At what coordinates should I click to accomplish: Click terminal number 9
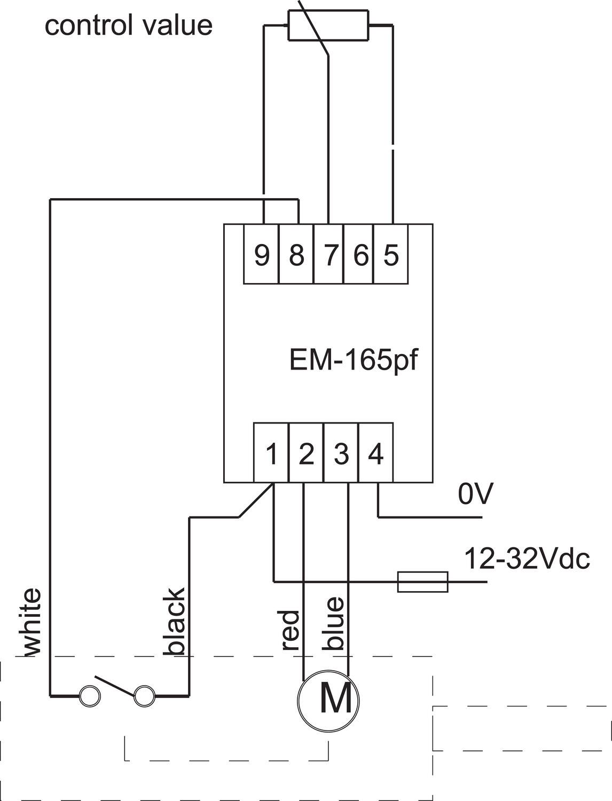coord(262,255)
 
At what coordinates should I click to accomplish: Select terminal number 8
coord(296,255)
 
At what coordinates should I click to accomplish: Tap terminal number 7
coord(330,255)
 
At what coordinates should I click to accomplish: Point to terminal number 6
coord(360,255)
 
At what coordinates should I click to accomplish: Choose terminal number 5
coord(391,255)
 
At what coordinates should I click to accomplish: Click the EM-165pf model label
coord(352,360)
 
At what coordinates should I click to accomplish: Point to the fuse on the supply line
coord(422,582)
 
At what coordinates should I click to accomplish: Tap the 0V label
coord(475,494)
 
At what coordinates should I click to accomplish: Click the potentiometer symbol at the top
coord(328,25)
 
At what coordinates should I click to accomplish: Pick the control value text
coord(129,25)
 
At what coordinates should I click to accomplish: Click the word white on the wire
coord(32,622)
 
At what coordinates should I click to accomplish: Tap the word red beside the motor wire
coord(289,630)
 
